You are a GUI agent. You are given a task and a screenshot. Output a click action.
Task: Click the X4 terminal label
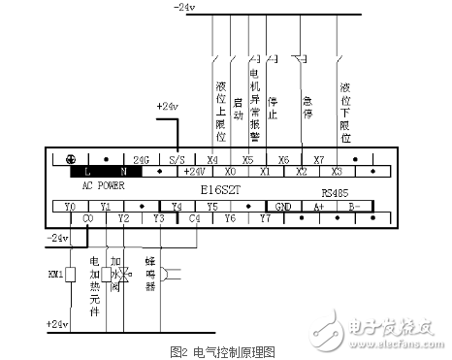coord(211,159)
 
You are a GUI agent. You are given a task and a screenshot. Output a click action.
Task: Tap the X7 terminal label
coord(318,159)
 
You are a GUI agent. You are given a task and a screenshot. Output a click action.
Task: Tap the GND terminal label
coord(282,207)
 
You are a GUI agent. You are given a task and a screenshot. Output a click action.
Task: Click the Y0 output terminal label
coord(69,207)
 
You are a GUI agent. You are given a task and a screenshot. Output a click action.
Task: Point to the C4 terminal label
coord(193,218)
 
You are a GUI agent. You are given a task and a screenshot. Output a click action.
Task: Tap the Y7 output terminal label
coord(265,218)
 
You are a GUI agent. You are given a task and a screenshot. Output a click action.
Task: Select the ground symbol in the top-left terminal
coord(70,159)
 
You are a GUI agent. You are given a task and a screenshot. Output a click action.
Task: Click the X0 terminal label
coord(229,170)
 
